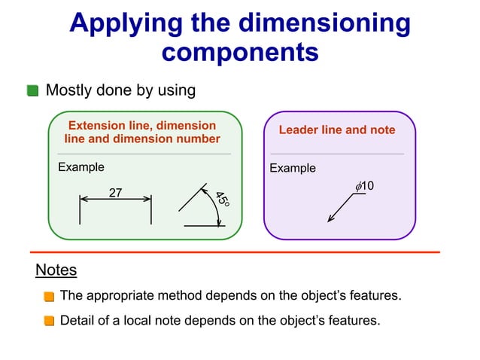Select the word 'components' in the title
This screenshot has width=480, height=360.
pos(240,53)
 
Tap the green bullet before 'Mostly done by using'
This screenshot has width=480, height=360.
pos(32,91)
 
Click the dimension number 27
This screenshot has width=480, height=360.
pos(116,193)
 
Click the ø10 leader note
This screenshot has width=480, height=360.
pos(365,185)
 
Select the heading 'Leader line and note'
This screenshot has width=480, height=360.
pos(337,130)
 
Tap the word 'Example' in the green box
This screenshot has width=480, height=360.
pos(81,167)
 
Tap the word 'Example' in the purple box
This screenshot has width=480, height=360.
pos(293,168)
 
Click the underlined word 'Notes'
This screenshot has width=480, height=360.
pos(56,270)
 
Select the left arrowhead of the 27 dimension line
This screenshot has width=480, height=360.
pos(84,200)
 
